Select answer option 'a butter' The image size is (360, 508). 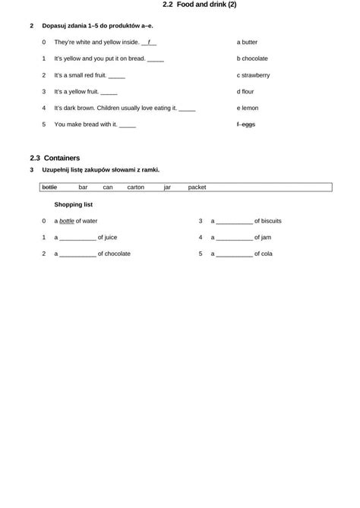tap(247, 43)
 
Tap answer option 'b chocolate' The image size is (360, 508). tap(252, 58)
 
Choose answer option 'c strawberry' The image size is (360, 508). tap(253, 75)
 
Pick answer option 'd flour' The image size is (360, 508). tap(245, 91)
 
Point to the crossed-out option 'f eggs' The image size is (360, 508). tap(246, 124)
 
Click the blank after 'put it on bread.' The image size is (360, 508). tap(155, 59)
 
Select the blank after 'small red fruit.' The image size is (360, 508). tap(116, 76)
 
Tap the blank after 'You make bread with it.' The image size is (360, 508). tap(128, 125)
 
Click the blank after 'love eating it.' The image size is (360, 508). tap(187, 109)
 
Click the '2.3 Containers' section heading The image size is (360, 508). tap(55, 158)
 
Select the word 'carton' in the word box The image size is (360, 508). tap(135, 187)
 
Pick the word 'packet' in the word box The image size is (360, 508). tap(197, 187)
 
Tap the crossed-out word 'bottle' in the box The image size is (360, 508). tap(49, 187)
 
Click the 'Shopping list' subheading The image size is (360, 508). tap(74, 204)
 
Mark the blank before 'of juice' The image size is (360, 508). tap(77, 238)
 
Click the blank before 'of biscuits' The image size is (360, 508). tap(234, 222)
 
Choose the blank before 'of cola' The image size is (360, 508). tap(234, 254)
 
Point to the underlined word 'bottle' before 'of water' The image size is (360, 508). tap(67, 221)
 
